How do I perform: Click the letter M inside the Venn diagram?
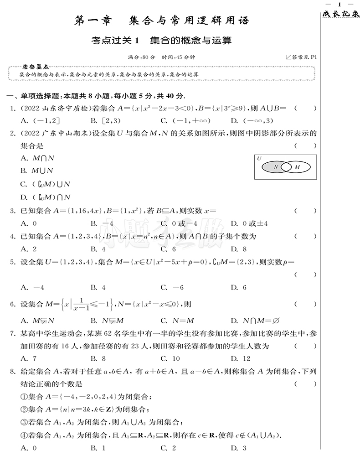coord(298,167)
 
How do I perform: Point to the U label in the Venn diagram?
coord(259,159)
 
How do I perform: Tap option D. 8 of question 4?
coord(238,249)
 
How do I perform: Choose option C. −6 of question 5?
coord(171,287)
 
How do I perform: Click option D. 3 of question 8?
coord(238,448)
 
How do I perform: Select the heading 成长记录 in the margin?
coord(341,15)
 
